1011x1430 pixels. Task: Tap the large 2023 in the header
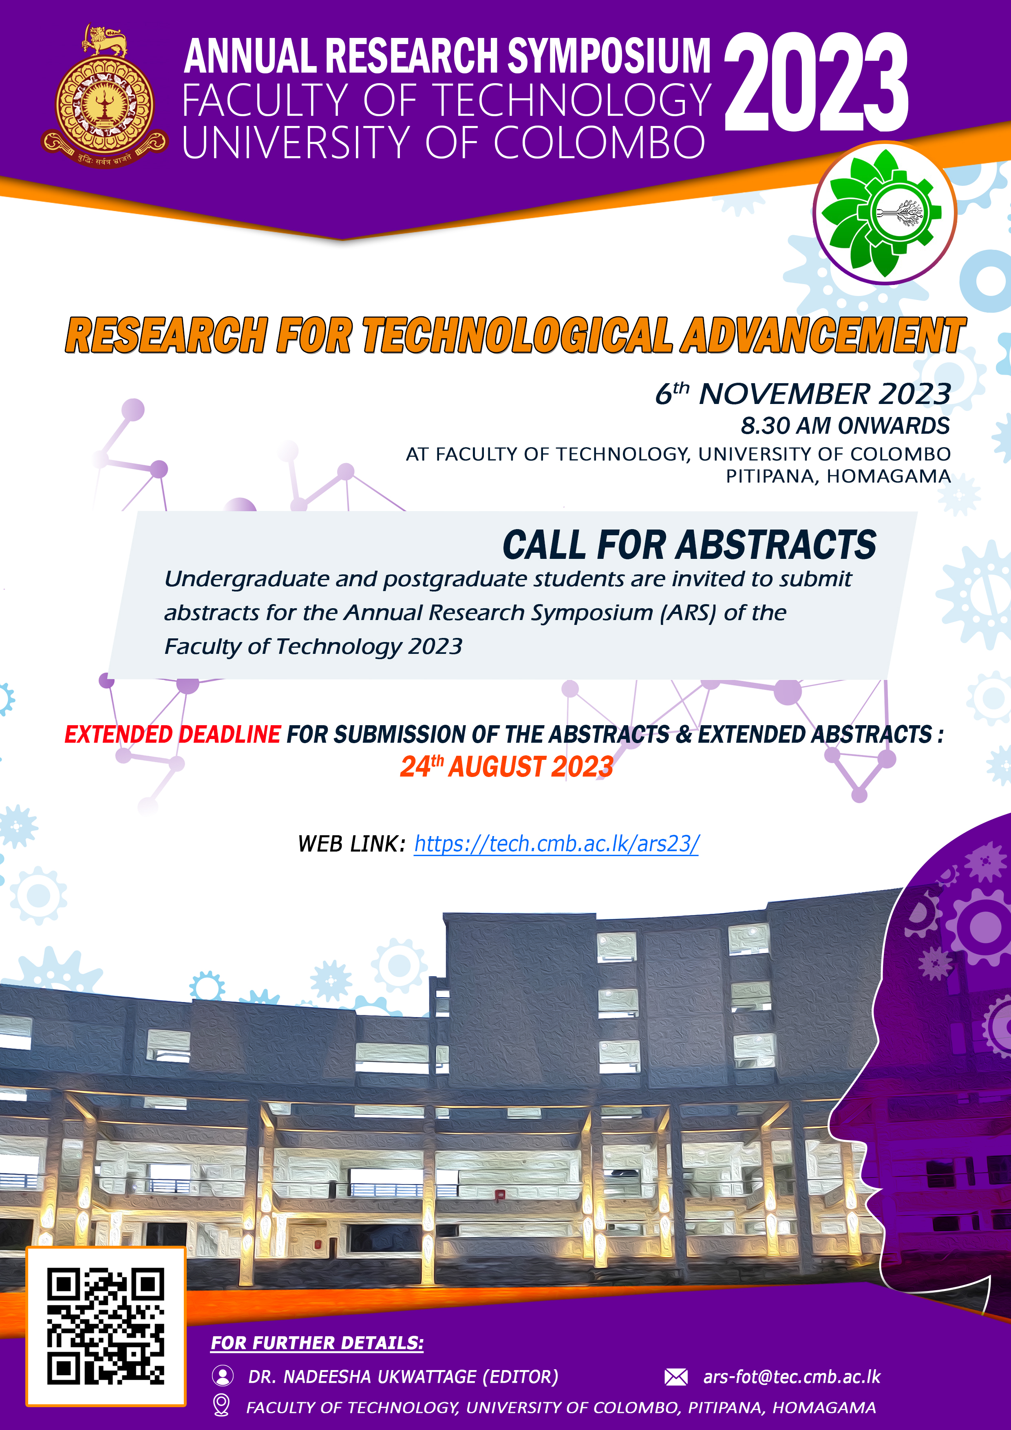tap(816, 82)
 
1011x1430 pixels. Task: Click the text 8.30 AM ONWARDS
tap(845, 426)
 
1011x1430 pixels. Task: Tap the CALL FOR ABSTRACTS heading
tap(690, 545)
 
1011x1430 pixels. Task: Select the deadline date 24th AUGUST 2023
tap(506, 766)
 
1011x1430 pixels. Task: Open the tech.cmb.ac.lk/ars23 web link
tap(556, 844)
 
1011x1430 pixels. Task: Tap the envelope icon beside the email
tap(676, 1377)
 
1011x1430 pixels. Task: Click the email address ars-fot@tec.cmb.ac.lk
tap(792, 1377)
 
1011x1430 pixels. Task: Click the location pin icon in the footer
tap(221, 1406)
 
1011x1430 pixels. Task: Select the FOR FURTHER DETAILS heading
tap(317, 1344)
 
